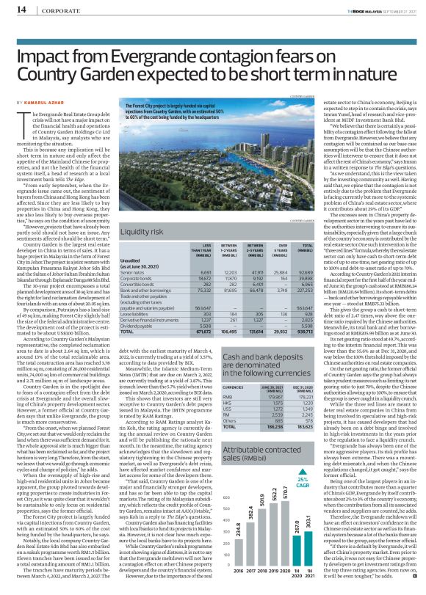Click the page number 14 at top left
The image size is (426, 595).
(20, 10)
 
